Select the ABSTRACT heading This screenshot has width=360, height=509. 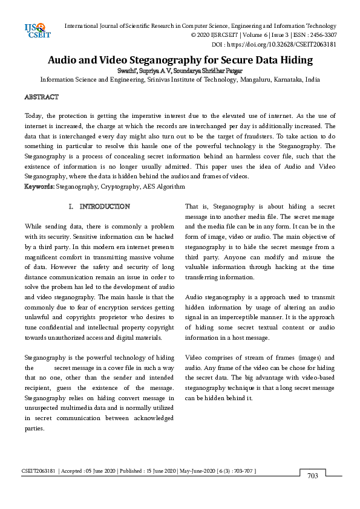(x=41, y=97)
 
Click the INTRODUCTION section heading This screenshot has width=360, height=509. (x=105, y=207)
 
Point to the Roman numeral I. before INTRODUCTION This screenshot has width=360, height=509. (x=72, y=207)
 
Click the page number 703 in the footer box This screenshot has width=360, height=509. (x=312, y=476)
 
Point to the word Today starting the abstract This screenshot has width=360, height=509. (x=34, y=115)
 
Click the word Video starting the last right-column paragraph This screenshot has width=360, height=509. (x=195, y=357)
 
